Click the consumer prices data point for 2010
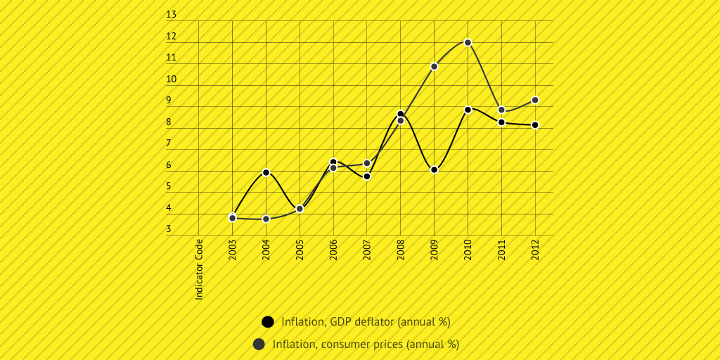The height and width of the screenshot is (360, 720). click(x=468, y=43)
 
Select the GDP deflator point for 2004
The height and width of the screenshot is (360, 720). click(x=266, y=172)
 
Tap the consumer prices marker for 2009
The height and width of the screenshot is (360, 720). click(x=435, y=66)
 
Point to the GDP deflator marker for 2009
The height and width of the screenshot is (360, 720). click(x=435, y=170)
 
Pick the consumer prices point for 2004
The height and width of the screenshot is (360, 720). click(x=266, y=219)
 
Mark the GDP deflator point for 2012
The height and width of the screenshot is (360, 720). click(x=535, y=125)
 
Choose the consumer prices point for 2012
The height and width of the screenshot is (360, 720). click(x=535, y=101)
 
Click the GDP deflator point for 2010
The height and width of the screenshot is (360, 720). click(x=468, y=110)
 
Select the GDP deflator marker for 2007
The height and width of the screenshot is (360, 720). click(x=367, y=176)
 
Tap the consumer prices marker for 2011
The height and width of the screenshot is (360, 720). click(x=501, y=110)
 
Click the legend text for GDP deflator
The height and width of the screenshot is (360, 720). click(x=366, y=322)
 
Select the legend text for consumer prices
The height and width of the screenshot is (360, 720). click(x=366, y=345)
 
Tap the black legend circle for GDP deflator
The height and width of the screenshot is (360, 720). click(x=267, y=322)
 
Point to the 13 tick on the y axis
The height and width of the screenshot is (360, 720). click(x=172, y=15)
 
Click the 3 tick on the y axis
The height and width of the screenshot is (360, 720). click(x=169, y=229)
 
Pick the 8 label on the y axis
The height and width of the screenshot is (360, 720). click(x=169, y=122)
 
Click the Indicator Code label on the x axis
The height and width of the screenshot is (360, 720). click(x=200, y=269)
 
